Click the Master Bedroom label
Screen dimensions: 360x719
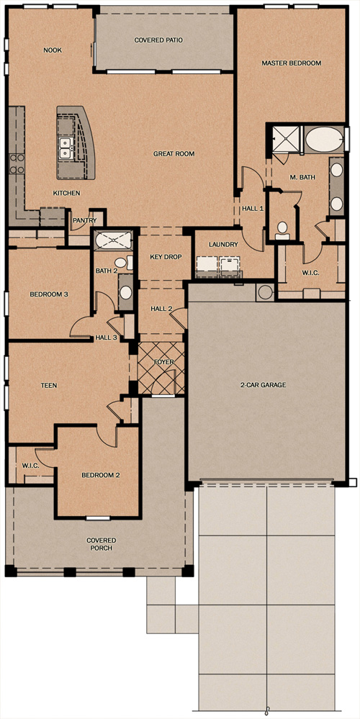(x=291, y=63)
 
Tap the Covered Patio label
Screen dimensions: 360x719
(x=158, y=40)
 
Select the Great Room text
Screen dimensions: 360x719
(x=174, y=154)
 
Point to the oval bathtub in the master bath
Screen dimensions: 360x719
(x=323, y=140)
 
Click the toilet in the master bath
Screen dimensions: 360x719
(x=282, y=230)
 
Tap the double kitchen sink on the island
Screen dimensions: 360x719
(x=65, y=148)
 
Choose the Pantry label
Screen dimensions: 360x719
(x=85, y=220)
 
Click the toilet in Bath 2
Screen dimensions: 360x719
(x=122, y=263)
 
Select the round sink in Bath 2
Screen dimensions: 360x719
(x=125, y=293)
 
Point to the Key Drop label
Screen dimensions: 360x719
(x=163, y=257)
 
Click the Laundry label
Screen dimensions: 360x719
(x=223, y=245)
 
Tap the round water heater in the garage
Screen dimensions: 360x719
(x=265, y=292)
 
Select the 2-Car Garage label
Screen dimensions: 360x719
(x=263, y=385)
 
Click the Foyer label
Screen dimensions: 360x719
(x=163, y=362)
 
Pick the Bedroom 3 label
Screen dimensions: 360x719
(x=49, y=294)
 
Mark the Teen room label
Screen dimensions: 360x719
(x=49, y=386)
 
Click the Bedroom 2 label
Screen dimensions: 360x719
(x=101, y=475)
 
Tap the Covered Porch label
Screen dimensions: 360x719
(x=102, y=544)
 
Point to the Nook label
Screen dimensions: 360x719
(x=53, y=50)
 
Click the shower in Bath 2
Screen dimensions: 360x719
(x=113, y=240)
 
